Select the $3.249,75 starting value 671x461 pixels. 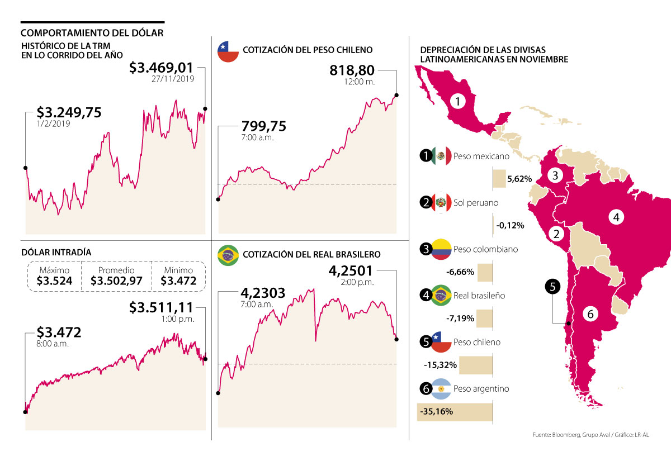[x=69, y=112]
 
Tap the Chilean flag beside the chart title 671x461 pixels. [x=228, y=50]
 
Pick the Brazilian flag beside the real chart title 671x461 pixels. [x=228, y=254]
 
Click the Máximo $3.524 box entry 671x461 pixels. [x=54, y=277]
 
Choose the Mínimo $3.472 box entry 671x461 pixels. [x=178, y=277]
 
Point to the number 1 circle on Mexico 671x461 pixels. [x=457, y=102]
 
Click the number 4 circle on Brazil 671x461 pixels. [x=616, y=217]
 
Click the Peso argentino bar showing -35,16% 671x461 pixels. [x=455, y=412]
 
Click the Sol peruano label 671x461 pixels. [x=476, y=203]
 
